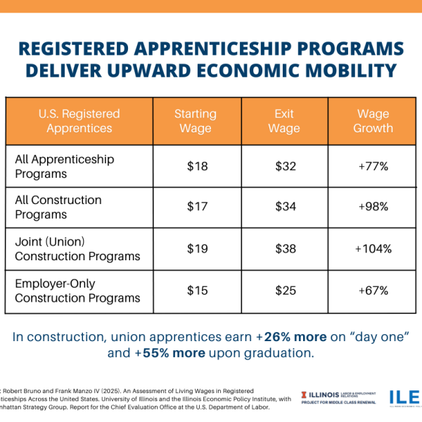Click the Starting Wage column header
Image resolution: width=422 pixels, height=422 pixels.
tap(196, 121)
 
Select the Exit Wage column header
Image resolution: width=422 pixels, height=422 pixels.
tap(284, 121)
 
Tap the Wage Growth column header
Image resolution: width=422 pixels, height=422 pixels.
tap(373, 121)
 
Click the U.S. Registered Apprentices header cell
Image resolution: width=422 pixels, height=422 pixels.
tap(79, 121)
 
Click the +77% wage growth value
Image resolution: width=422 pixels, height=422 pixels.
tap(373, 167)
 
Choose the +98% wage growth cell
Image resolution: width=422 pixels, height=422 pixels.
tap(373, 207)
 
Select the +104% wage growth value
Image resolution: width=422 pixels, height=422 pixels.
tap(373, 249)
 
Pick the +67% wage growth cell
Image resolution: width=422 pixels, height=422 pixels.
tap(373, 291)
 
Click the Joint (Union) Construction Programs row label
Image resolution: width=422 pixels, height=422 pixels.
tap(77, 249)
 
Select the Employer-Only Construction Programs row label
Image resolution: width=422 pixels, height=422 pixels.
tap(77, 291)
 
